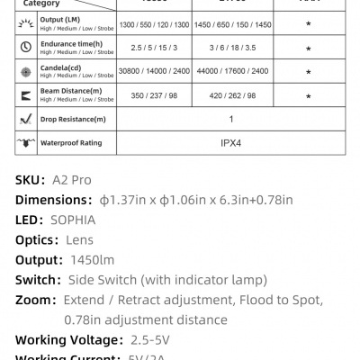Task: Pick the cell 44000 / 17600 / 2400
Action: [x=232, y=70]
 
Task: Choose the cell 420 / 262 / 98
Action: [x=232, y=95]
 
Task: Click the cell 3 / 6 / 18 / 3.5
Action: [x=232, y=45]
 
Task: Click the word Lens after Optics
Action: [x=78, y=239]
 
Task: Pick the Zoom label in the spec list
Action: [x=32, y=300]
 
